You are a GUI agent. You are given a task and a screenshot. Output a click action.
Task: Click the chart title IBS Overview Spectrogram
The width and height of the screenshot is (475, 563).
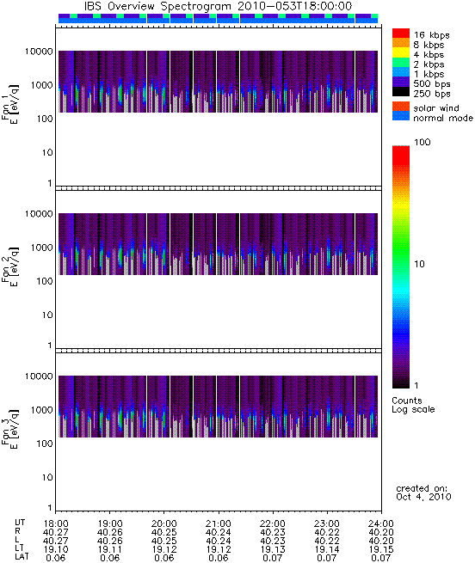point(157,6)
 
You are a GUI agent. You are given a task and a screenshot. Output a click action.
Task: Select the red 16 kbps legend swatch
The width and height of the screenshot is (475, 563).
point(401,33)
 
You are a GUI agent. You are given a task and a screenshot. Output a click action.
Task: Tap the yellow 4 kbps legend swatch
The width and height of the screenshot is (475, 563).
point(401,52)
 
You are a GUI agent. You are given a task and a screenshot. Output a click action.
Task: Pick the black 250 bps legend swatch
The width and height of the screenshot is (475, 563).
point(401,92)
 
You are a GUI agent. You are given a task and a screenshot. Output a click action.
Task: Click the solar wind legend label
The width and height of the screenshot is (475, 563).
point(436,108)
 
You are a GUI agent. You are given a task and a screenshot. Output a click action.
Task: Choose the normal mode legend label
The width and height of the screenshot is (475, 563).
point(443,118)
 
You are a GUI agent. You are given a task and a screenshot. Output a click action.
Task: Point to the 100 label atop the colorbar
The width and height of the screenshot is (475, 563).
point(423,142)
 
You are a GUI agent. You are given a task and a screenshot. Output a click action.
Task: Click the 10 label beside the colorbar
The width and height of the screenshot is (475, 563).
point(419,264)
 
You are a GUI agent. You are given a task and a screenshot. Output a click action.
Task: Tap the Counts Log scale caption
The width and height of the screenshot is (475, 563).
point(413,405)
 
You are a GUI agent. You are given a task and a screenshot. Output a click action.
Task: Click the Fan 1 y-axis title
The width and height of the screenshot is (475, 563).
point(9,104)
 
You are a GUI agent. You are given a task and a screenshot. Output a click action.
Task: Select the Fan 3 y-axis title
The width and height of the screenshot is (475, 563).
point(9,429)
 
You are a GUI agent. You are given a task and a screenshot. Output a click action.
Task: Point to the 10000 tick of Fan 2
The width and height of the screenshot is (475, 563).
point(39,214)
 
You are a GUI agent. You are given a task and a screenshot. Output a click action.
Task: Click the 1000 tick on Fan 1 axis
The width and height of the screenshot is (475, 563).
point(41,85)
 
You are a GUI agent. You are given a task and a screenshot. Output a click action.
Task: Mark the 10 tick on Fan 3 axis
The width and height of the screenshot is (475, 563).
point(47,477)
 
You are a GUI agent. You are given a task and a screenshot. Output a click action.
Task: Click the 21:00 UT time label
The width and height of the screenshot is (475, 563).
point(219,523)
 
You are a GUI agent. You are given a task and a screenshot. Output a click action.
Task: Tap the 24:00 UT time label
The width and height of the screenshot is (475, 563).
point(381,523)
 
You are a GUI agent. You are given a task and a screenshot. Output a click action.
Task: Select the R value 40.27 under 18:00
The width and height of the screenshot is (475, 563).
point(56,532)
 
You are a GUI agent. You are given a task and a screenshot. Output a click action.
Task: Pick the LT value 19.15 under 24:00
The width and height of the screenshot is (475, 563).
point(381,549)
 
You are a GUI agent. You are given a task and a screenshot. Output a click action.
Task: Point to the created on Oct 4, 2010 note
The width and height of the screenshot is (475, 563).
point(423,493)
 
